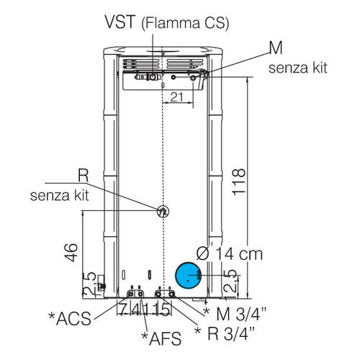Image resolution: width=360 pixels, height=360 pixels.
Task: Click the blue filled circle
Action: [188, 275]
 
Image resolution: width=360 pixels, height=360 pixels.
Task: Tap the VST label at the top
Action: [120, 22]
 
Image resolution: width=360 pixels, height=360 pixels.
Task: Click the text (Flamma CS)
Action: [186, 23]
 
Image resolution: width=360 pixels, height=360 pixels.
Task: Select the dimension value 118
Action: [239, 181]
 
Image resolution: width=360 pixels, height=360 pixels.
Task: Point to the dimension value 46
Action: [71, 252]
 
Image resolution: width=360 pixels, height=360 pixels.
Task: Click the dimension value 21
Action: [176, 97]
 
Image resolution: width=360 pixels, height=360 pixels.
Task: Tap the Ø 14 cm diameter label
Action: [229, 253]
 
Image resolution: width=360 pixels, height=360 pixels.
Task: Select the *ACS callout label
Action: [70, 318]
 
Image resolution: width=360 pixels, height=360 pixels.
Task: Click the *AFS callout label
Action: [161, 338]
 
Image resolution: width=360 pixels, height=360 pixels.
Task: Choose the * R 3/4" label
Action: [225, 333]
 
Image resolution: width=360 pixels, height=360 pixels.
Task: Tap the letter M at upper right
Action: [276, 48]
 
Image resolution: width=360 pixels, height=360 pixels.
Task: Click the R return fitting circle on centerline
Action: [163, 212]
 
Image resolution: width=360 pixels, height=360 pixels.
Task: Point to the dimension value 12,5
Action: [230, 284]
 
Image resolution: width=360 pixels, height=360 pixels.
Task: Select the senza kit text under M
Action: [298, 68]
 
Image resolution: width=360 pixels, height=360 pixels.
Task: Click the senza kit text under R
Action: [60, 195]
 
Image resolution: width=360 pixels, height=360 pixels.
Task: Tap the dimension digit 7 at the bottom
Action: [122, 310]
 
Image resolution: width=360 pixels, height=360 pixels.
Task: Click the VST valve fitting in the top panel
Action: [153, 77]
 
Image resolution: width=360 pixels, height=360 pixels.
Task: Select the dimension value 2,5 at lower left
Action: [90, 284]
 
